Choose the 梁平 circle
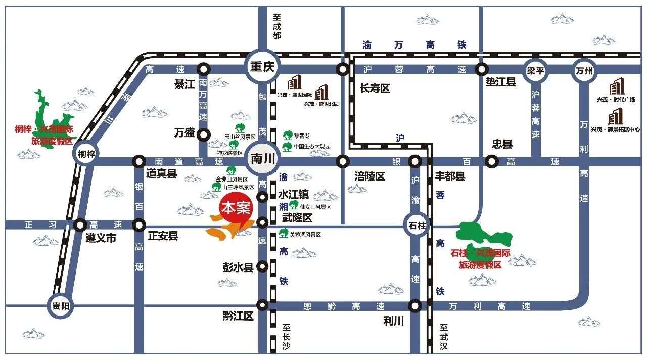(535, 70)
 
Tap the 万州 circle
(584, 70)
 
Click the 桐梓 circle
(86, 153)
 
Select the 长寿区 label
(375, 88)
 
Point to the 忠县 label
(502, 145)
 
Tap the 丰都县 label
(450, 176)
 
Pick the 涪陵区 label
(369, 176)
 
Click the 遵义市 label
(101, 238)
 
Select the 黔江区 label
(238, 316)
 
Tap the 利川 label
(393, 321)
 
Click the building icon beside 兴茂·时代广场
(616, 87)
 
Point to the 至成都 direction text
(276, 26)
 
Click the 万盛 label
(184, 133)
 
